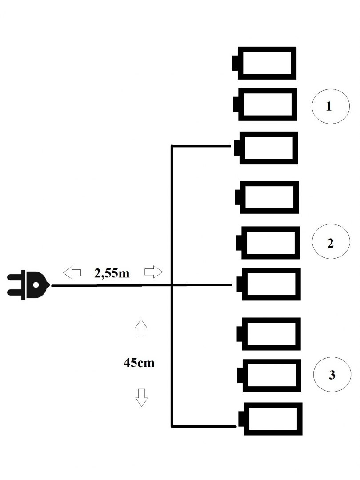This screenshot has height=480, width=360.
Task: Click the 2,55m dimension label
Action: (112, 272)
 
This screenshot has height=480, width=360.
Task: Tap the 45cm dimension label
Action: (139, 363)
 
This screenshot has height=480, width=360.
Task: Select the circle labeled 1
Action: (328, 107)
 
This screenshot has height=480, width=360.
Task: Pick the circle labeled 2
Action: (330, 243)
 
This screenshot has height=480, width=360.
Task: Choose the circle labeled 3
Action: (332, 375)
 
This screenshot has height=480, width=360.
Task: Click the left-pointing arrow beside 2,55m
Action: (71, 271)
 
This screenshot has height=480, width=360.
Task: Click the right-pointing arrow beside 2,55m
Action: (154, 271)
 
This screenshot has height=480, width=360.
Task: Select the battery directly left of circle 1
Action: (266, 104)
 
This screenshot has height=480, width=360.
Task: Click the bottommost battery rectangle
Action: (271, 419)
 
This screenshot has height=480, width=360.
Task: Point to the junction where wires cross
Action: (172, 285)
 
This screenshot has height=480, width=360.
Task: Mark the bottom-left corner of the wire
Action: (172, 426)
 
